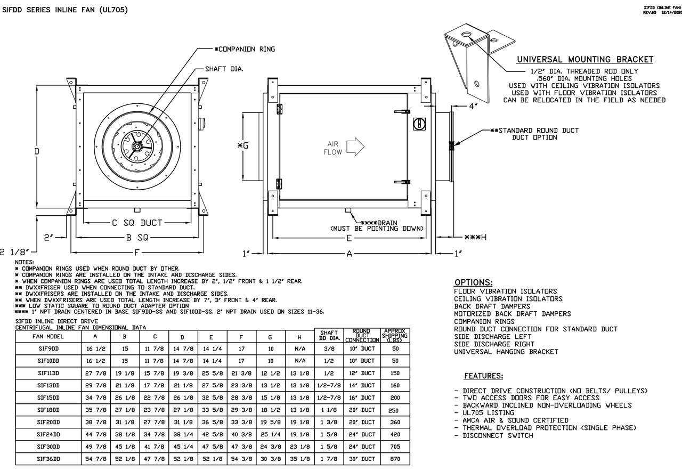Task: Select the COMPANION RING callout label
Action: tap(245, 49)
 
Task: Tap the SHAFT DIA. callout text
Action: tap(224, 69)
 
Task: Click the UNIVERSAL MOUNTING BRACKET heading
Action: tap(584, 59)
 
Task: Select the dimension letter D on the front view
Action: tap(37, 151)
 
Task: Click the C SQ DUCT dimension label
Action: tap(137, 223)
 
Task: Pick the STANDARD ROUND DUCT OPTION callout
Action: tap(534, 134)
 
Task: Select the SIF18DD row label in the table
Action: tap(48, 410)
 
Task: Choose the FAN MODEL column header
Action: tap(48, 337)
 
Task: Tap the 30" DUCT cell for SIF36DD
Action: tap(362, 459)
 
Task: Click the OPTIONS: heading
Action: tap(473, 282)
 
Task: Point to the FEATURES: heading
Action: tap(483, 376)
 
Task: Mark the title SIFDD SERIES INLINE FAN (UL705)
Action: tap(65, 10)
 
